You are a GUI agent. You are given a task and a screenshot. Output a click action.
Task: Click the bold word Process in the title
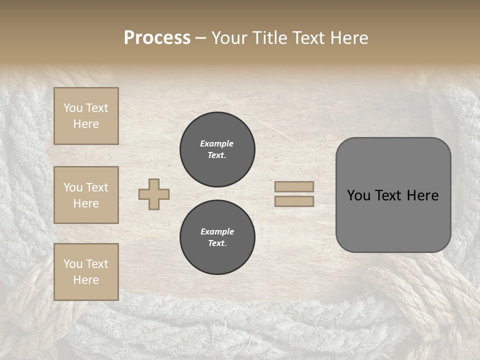point(157,38)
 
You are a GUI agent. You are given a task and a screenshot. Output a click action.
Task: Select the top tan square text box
point(86,116)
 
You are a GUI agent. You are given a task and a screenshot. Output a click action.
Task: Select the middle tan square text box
point(86,195)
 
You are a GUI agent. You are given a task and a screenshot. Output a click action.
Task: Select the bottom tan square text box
point(86,272)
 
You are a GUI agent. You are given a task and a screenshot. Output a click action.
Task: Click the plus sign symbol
point(154,194)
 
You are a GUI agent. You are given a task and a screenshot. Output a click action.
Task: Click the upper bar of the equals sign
point(294,186)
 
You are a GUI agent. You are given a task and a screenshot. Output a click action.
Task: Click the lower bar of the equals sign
point(294,201)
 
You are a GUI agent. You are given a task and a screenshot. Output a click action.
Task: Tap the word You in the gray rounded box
point(358,195)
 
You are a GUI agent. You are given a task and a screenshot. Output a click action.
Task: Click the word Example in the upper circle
point(217,143)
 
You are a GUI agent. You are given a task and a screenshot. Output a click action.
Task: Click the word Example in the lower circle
point(217,231)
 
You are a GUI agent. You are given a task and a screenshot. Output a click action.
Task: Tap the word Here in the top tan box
point(86,124)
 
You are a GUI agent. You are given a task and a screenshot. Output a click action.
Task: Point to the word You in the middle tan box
point(73,187)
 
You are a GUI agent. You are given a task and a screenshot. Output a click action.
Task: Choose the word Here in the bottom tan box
point(86,280)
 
